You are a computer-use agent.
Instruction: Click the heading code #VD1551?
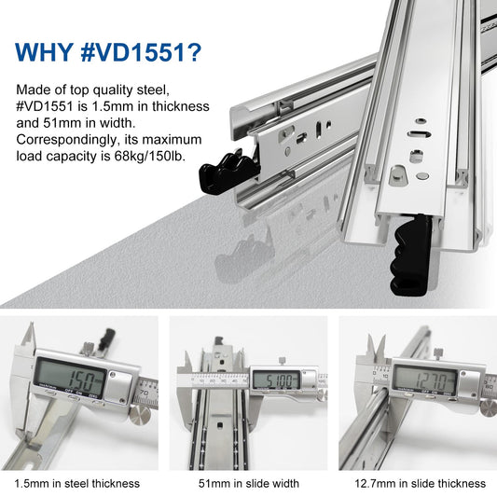(141, 52)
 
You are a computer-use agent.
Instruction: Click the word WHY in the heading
(44, 52)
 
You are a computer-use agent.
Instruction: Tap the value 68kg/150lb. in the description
(149, 157)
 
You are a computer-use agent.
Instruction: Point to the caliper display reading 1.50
(70, 378)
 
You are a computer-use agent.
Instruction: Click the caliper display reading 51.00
(276, 380)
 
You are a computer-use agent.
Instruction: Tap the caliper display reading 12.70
(424, 380)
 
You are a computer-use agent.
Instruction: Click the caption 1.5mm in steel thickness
(77, 484)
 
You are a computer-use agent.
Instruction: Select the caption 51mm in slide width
(248, 484)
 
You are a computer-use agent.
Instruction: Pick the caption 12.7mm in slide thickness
(420, 484)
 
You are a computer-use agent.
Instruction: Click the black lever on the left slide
(228, 173)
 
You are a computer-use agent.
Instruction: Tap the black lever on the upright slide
(411, 255)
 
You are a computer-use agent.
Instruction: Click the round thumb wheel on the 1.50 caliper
(140, 416)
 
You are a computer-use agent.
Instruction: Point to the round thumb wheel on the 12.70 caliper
(489, 407)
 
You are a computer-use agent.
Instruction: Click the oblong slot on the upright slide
(419, 133)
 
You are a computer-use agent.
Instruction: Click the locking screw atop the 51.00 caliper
(282, 360)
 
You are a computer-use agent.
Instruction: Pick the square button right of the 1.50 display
(119, 388)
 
